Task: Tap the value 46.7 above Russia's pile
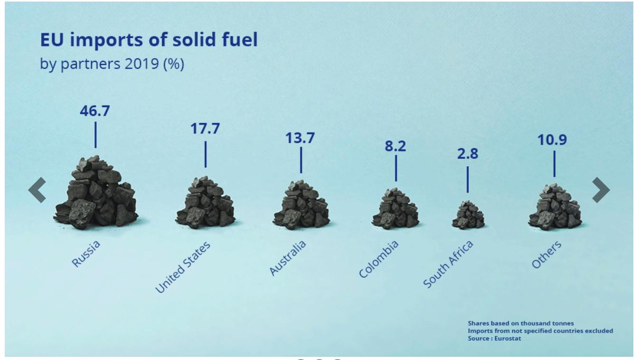95,111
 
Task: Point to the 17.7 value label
205,130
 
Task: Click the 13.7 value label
300,138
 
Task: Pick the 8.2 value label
395,147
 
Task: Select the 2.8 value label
467,156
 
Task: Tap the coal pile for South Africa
468,215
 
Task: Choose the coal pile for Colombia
395,209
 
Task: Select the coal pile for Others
554,207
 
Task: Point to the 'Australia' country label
288,258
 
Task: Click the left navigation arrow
37,190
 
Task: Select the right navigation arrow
601,190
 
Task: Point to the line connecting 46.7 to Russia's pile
96,135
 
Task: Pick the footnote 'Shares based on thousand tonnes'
520,323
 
